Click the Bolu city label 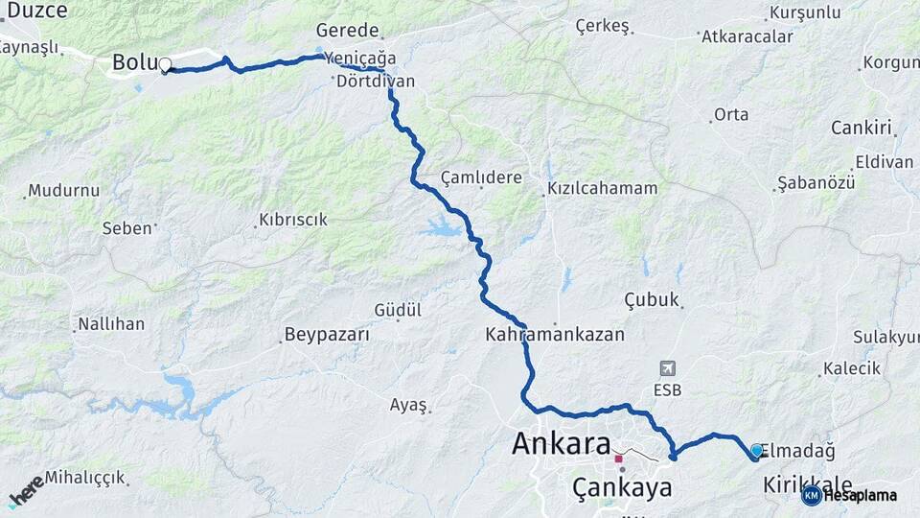pos(133,62)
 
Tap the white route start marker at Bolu pos(165,66)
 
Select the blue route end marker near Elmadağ pos(757,451)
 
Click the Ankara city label pos(561,444)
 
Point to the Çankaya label pos(622,487)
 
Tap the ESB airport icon pos(667,368)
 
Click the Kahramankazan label pos(555,335)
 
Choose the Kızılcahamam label pos(603,188)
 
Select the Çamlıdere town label pos(481,177)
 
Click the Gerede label pos(348,31)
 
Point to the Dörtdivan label pos(376,81)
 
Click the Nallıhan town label pos(111,323)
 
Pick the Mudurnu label pos(63,190)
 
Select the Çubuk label pos(652,298)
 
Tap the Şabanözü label pos(816,182)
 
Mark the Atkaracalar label pos(747,36)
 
